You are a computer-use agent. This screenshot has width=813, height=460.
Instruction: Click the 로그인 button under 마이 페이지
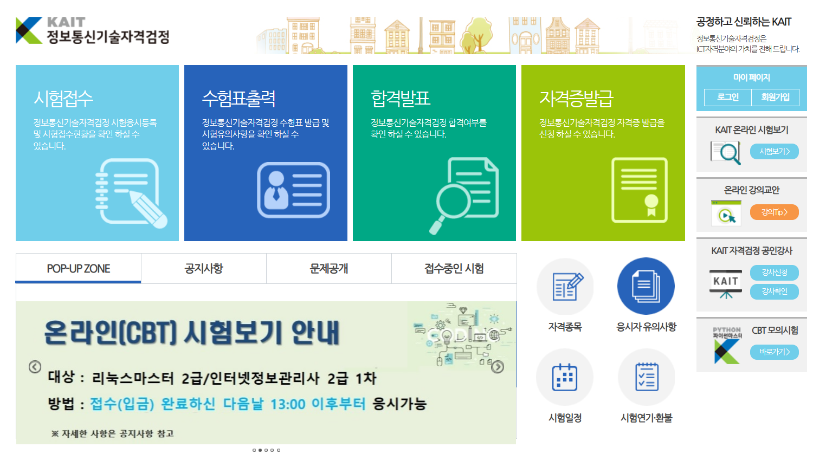coord(727,97)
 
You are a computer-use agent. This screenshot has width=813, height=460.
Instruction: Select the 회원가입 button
coord(775,97)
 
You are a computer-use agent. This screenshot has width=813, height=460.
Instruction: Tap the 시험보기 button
coord(774,152)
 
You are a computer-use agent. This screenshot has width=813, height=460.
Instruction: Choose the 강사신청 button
coord(774,273)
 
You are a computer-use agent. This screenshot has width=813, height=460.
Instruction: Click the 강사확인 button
coord(774,291)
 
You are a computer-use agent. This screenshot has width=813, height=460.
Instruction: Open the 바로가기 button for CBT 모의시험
coord(774,352)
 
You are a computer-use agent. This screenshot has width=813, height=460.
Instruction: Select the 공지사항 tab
coord(204,268)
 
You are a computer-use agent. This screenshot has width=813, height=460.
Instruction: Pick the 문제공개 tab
coord(329,268)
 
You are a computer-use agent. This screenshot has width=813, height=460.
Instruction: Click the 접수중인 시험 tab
coord(454,268)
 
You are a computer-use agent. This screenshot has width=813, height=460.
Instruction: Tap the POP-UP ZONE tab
coord(79,268)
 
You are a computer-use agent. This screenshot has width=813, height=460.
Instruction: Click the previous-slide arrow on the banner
coord(35,367)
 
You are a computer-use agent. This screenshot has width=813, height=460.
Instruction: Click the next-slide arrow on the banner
coord(498,367)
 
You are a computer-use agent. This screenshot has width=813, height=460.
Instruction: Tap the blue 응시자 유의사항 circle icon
coord(646,286)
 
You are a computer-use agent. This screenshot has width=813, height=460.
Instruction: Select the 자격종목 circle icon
coord(565,287)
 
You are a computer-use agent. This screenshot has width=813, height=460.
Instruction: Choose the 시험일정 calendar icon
coord(565,377)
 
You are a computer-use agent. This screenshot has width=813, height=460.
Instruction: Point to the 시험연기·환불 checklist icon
coord(646,377)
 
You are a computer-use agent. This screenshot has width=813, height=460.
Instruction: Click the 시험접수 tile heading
coord(63,99)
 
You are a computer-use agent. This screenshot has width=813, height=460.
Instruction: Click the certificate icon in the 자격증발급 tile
coord(640,190)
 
